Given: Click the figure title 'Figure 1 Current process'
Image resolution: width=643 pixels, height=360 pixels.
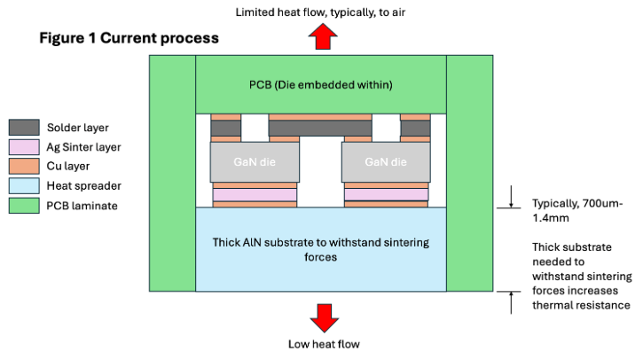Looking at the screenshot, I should [129, 40].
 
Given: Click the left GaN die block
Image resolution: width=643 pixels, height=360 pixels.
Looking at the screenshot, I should [254, 163].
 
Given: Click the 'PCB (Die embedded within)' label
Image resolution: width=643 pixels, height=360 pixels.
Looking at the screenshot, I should [321, 85].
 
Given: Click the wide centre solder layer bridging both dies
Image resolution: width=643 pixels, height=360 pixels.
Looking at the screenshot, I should [320, 129].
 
